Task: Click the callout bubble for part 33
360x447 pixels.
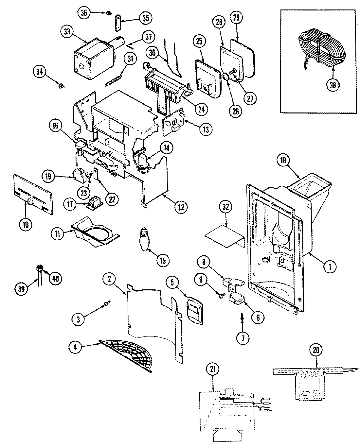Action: (x=67, y=32)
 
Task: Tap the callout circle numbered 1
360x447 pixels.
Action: (x=330, y=267)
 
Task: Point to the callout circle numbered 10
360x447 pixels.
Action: (x=26, y=225)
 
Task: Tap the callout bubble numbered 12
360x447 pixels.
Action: (x=181, y=207)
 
